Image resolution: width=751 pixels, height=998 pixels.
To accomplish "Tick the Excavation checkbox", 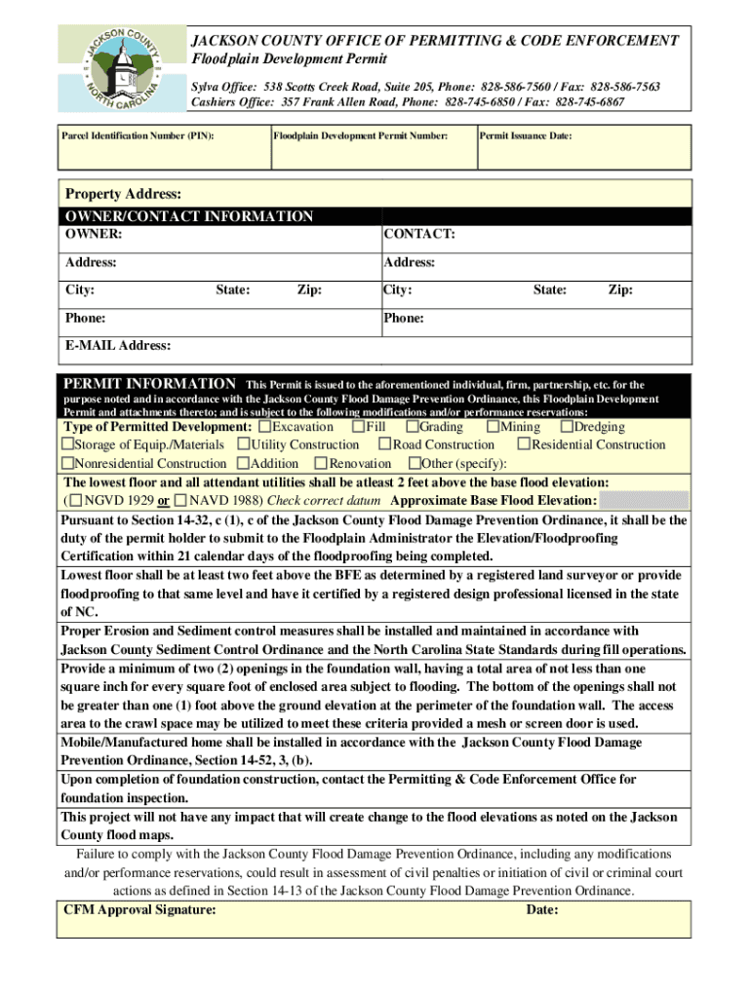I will pyautogui.click(x=265, y=427).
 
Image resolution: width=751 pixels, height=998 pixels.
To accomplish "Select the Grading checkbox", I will pyautogui.click(x=413, y=427).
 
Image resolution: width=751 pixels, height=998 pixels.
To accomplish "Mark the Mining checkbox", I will pyautogui.click(x=494, y=427).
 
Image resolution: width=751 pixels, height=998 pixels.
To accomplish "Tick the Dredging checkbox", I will pyautogui.click(x=567, y=427).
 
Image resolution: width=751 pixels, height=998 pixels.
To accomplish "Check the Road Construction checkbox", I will pyautogui.click(x=385, y=444).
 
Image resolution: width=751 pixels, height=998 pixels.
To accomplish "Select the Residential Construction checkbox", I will pyautogui.click(x=524, y=444).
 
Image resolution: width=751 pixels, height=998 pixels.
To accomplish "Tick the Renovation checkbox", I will pyautogui.click(x=322, y=463).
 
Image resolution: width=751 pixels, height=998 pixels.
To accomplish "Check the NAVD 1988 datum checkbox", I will pyautogui.click(x=180, y=500).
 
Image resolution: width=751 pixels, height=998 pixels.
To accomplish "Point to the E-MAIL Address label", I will pyautogui.click(x=118, y=345).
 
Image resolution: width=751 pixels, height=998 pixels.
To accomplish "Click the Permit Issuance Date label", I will pyautogui.click(x=526, y=136).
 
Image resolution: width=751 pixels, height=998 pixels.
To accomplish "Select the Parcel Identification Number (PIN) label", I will pyautogui.click(x=138, y=136).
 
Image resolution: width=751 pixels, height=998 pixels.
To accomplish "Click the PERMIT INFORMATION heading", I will pyautogui.click(x=149, y=384).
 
